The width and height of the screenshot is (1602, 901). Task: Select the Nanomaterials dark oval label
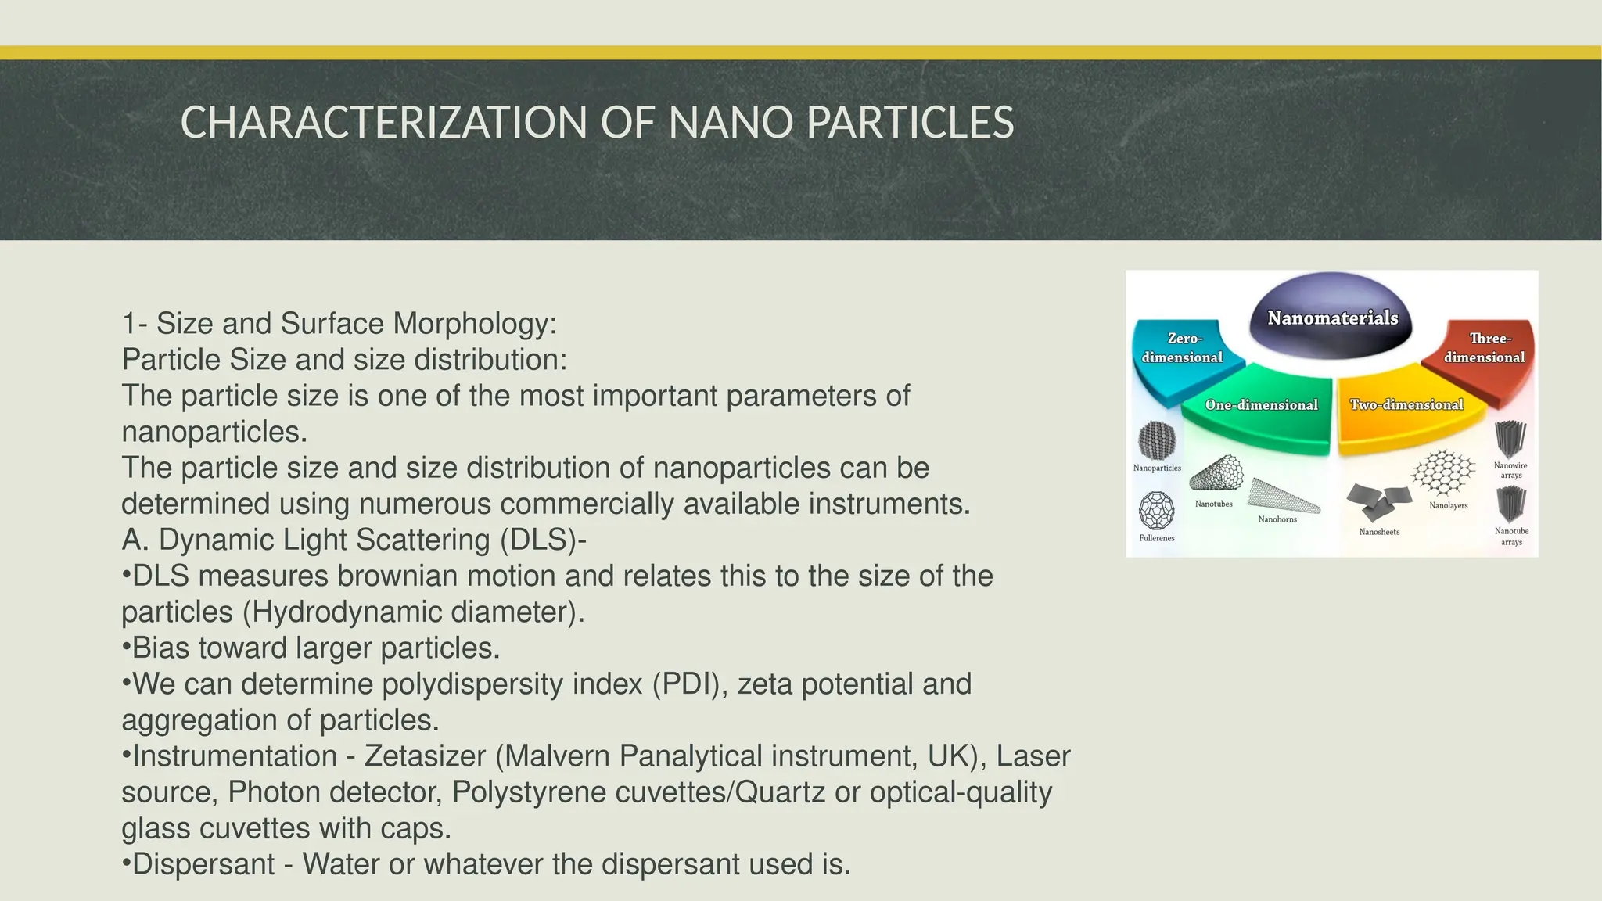[1332, 318]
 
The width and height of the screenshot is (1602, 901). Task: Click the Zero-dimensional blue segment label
[1182, 348]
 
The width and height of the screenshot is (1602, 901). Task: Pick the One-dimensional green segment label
[1261, 404]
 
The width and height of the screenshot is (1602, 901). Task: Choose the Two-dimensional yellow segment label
[1406, 404]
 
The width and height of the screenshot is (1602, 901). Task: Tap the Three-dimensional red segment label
[1485, 348]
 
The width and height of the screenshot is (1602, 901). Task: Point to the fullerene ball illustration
[1156, 511]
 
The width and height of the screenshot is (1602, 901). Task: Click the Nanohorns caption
[1277, 519]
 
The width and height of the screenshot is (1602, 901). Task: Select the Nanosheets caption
[1379, 532]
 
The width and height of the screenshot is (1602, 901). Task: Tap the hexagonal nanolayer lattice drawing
[1444, 472]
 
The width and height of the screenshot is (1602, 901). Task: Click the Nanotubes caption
[1213, 504]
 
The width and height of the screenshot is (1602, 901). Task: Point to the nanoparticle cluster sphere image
[1157, 440]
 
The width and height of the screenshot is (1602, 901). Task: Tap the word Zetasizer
[425, 756]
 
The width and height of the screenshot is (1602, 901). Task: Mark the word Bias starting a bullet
[160, 648]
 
